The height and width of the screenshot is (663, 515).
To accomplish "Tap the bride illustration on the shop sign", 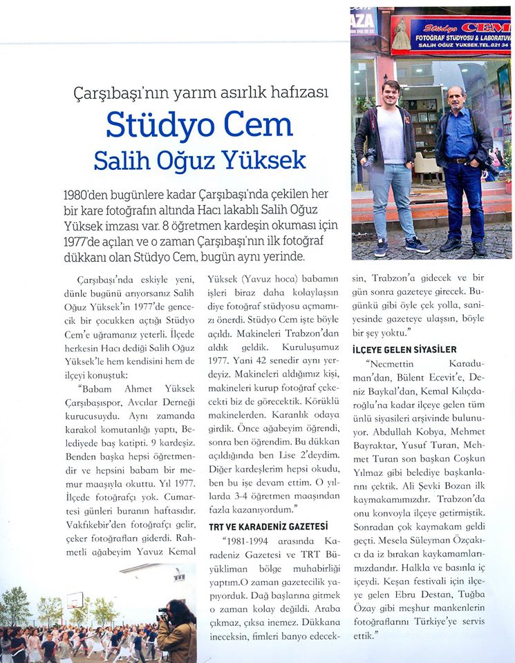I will point(402,34).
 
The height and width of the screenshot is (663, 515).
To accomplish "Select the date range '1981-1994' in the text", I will point(250,537).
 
